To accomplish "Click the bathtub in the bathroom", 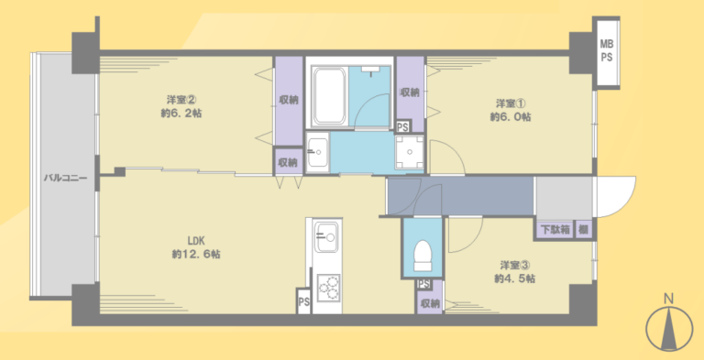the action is (x=330, y=95).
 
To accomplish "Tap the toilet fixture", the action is (x=422, y=256).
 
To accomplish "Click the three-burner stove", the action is (x=328, y=289).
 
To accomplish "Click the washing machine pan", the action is (x=409, y=152).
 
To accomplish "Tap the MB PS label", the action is (x=607, y=51).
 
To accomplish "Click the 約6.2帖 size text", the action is (x=181, y=114).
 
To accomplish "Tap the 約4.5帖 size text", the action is (x=514, y=278).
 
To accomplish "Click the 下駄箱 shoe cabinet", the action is (x=555, y=230).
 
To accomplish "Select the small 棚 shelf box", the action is (x=583, y=230).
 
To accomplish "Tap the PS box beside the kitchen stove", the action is (x=304, y=301).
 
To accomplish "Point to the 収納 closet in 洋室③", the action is (x=430, y=303).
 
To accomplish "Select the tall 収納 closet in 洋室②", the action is (x=289, y=101).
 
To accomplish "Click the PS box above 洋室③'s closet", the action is (x=423, y=284).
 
